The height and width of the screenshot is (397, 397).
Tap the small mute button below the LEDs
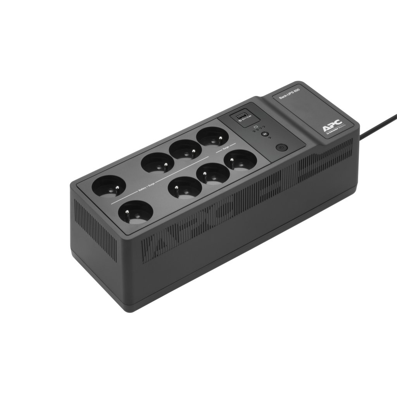point(265,134)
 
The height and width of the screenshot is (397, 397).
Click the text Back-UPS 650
point(290,93)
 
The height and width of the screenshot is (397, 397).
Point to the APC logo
point(332,127)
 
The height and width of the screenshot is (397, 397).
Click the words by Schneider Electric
point(334,133)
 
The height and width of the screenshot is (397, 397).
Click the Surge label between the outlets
point(226,148)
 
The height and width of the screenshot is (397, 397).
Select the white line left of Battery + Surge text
point(124,199)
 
